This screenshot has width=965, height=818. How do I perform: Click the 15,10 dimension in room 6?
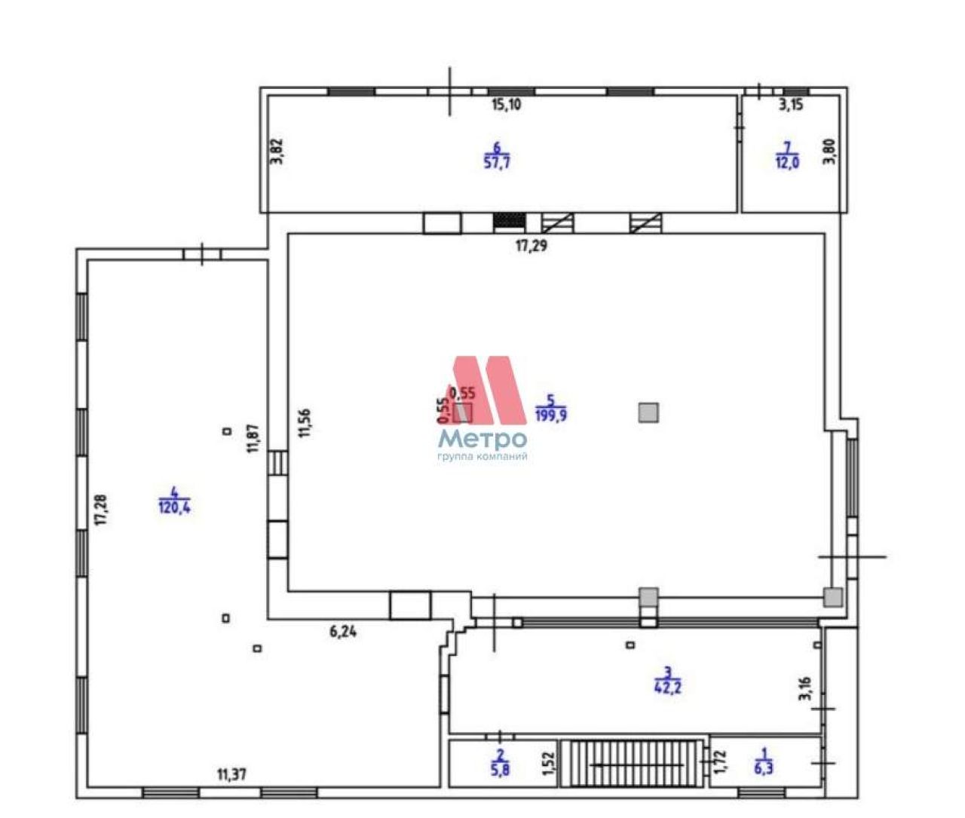coord(506,105)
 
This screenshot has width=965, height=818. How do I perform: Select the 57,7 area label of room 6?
coord(497,162)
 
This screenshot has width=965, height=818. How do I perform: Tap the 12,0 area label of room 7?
coord(787,163)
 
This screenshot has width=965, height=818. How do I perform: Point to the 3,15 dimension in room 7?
coord(791,105)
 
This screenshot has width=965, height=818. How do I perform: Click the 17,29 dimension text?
coord(532,246)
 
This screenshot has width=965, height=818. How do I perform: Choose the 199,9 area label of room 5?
coord(551,415)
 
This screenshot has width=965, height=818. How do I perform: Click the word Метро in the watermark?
coord(482,439)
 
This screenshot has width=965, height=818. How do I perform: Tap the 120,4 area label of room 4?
coord(175,507)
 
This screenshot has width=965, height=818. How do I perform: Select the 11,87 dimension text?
coord(253,437)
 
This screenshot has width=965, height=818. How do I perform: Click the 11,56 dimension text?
coord(305,422)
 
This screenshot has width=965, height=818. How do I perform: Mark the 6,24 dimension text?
coord(343,632)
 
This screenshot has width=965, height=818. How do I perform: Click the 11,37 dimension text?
coord(231,775)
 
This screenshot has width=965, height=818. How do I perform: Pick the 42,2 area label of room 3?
coord(668,688)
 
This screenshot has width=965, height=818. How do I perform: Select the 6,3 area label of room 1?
coord(763,768)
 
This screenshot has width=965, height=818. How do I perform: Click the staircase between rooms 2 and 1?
coord(632,763)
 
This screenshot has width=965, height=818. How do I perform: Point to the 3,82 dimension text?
coord(277,152)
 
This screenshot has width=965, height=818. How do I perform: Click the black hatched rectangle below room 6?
coord(510,222)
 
